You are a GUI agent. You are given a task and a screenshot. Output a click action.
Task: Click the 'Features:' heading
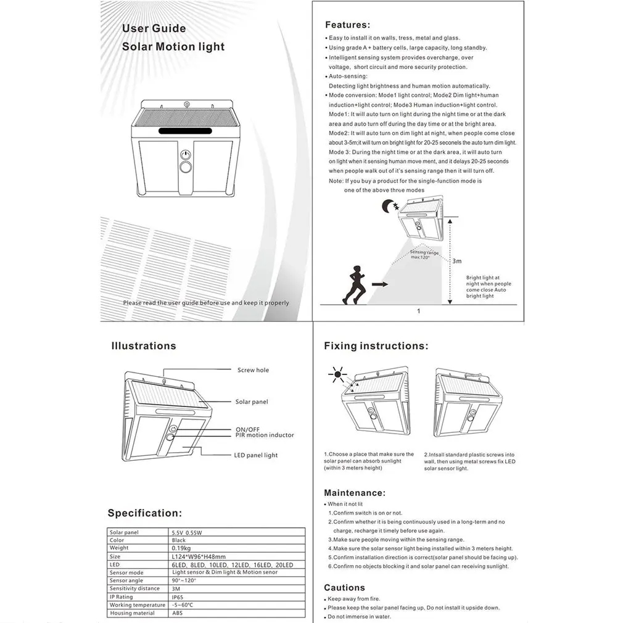[347, 25]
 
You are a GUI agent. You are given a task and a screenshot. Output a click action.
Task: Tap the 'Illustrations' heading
[143, 346]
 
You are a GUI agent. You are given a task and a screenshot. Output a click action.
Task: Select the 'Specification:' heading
[144, 513]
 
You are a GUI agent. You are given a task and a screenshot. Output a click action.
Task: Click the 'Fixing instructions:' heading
[376, 346]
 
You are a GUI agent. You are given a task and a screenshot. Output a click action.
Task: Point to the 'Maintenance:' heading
[355, 493]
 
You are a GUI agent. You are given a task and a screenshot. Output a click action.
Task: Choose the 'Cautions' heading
[344, 588]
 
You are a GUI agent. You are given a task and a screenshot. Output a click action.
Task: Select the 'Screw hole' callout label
[253, 370]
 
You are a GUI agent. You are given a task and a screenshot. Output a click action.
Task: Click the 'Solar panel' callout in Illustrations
[252, 402]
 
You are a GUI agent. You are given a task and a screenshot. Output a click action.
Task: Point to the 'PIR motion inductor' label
[265, 435]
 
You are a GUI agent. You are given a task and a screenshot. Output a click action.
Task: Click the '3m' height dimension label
[456, 261]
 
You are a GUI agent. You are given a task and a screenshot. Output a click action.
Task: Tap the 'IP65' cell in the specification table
[179, 597]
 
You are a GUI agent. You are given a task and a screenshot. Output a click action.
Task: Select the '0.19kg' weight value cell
[181, 548]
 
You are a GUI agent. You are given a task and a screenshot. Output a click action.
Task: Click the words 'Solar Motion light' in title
[173, 47]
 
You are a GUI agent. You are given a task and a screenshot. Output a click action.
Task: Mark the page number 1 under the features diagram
[418, 311]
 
